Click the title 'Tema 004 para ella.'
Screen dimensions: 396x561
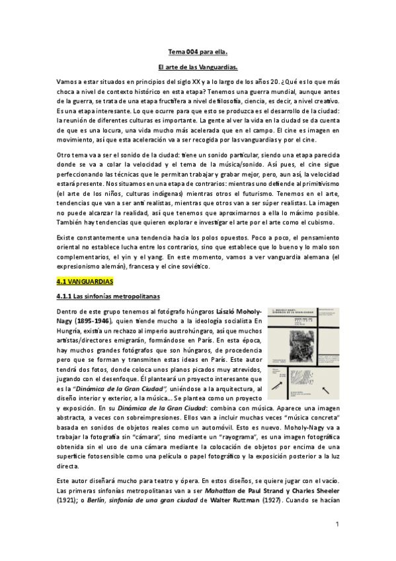point(198,51)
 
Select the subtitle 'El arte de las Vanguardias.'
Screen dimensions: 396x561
point(198,67)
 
